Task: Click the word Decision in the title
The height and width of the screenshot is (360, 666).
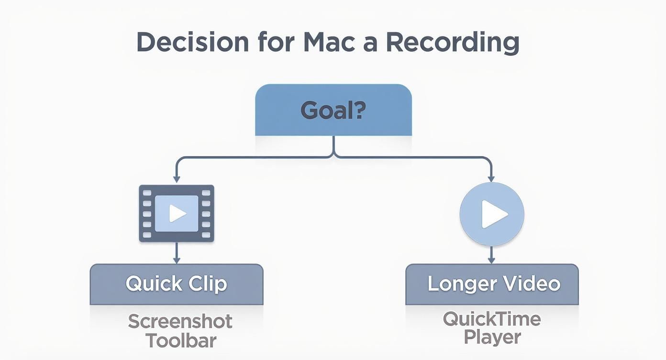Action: [x=192, y=43]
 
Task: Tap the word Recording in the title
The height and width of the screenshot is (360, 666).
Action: [x=452, y=43]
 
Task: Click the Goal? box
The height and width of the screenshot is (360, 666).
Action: [x=333, y=111]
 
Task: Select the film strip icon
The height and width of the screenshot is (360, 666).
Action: [x=177, y=214]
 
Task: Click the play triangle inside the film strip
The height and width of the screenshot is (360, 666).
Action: [x=178, y=214]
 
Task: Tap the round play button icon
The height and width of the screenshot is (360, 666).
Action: [x=491, y=214]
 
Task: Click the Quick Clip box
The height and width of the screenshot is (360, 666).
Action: [x=177, y=284]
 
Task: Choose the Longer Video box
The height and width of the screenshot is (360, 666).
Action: [x=491, y=284]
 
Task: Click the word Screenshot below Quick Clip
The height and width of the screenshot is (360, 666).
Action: [x=180, y=321]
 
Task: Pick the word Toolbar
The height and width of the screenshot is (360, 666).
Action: [x=181, y=341]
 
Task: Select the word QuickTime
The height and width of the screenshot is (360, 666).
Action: [x=491, y=318]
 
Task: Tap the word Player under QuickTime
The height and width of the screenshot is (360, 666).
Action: [x=492, y=337]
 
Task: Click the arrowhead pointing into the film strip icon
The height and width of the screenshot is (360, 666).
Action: [x=177, y=179]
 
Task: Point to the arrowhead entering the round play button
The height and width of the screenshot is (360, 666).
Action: [x=491, y=179]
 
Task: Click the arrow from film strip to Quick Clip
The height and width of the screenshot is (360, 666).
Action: [x=177, y=253]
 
